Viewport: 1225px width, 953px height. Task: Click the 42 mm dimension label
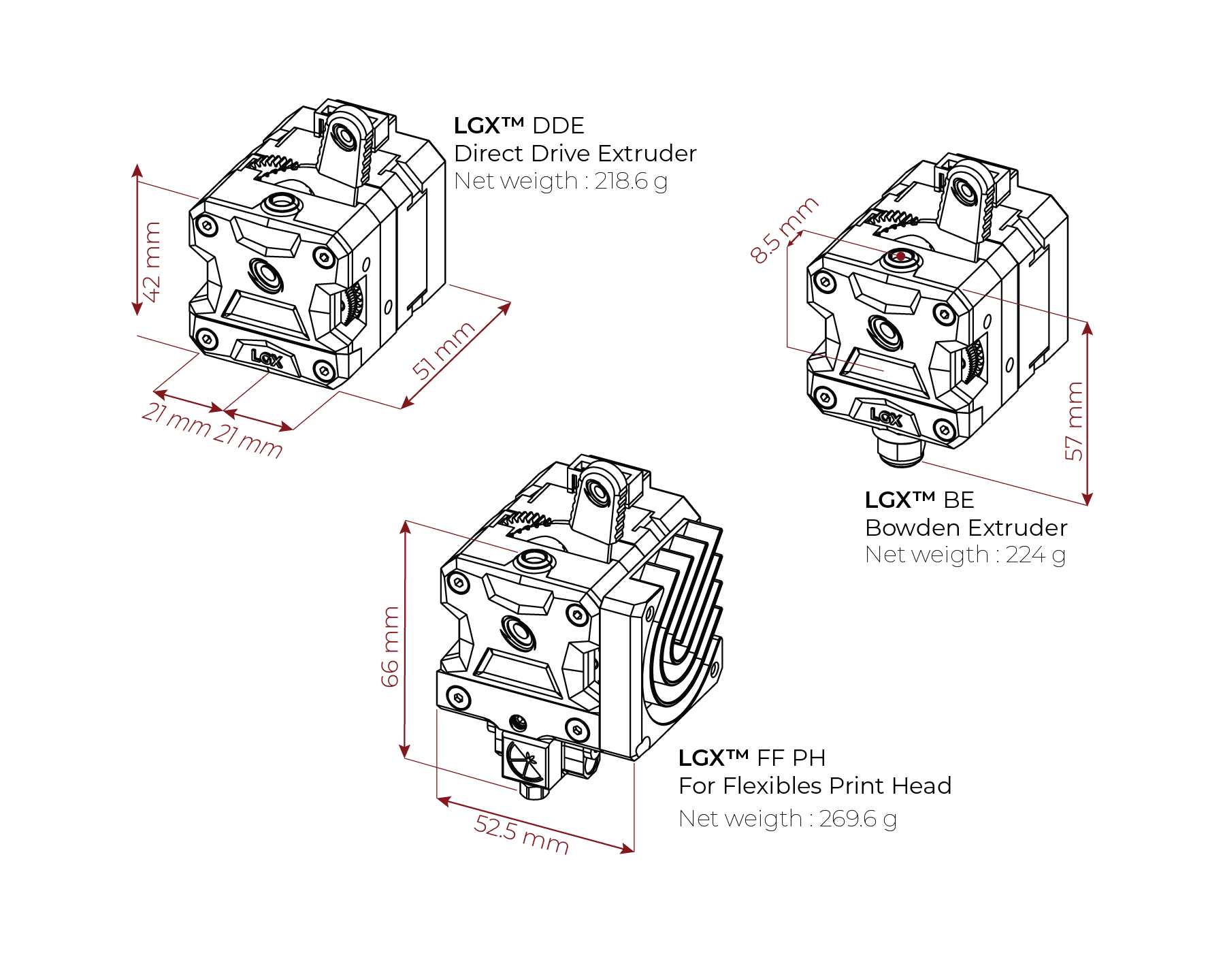153,262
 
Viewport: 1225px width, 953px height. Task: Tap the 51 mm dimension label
444,350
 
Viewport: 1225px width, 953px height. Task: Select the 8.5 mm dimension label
784,229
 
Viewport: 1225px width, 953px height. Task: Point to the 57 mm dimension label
1074,421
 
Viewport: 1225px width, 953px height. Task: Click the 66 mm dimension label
390,647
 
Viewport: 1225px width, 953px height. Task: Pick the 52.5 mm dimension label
521,834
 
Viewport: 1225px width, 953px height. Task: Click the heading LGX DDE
519,126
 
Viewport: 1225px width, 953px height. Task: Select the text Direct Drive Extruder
575,153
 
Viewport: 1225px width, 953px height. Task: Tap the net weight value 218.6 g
631,181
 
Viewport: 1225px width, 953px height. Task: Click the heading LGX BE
919,500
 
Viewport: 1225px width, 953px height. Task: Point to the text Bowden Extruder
966,528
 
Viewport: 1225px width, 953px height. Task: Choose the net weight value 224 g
1035,555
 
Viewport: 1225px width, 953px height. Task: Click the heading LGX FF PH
752,758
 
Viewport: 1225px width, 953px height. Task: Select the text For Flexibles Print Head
815,786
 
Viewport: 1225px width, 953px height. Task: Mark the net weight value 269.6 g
857,818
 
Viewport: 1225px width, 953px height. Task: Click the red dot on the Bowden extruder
900,257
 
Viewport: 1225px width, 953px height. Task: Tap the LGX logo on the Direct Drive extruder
266,357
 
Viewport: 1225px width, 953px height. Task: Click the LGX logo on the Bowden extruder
885,416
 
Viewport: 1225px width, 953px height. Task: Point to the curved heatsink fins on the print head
684,613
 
